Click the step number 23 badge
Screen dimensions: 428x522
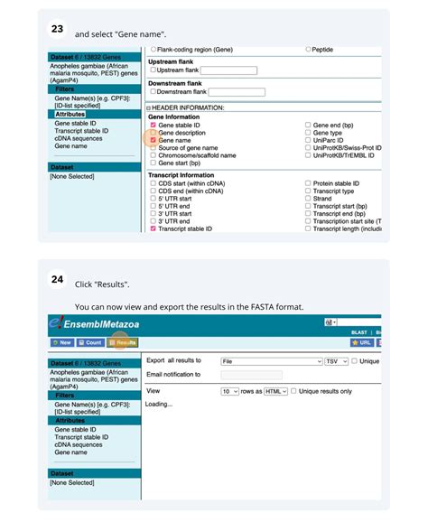[57, 30]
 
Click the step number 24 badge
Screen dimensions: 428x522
[57, 281]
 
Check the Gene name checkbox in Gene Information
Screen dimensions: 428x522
[154, 140]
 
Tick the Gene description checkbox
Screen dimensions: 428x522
[154, 133]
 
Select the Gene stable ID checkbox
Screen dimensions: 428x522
[154, 125]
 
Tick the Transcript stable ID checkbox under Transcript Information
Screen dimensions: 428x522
[154, 228]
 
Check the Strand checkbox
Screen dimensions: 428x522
[308, 198]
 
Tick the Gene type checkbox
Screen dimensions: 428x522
[308, 133]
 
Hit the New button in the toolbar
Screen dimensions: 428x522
[61, 343]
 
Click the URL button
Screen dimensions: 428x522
[361, 343]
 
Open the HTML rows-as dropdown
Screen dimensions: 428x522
[275, 391]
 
